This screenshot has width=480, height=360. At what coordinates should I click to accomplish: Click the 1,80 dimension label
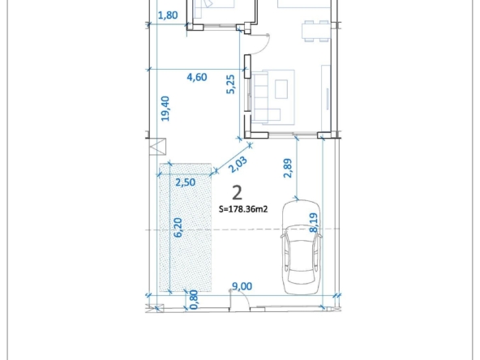(168, 15)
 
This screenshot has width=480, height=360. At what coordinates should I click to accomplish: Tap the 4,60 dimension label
(197, 77)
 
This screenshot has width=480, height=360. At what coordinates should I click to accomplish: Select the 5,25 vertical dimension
(230, 84)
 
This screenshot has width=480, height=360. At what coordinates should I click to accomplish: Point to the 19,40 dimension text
(165, 109)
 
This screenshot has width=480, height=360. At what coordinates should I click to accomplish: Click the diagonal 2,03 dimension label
(238, 165)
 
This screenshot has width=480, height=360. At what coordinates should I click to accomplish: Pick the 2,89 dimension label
(288, 168)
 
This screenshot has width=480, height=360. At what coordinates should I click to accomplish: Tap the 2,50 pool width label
(186, 182)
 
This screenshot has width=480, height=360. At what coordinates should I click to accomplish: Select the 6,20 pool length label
(178, 227)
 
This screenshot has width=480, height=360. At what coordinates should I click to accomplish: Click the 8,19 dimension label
(314, 223)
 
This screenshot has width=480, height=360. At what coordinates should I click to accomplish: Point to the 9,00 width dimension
(242, 286)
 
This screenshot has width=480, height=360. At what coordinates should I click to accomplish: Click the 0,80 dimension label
(194, 300)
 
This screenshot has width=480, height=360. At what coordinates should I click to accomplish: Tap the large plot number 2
(238, 193)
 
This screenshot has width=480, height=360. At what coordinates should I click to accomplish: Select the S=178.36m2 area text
(243, 209)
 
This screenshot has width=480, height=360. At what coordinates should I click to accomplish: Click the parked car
(302, 247)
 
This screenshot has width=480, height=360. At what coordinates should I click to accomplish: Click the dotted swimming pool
(185, 228)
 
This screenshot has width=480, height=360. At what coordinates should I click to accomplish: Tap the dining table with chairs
(316, 31)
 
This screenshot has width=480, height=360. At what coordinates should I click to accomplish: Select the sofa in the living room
(265, 97)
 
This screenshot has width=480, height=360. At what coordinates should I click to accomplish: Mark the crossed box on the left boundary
(157, 147)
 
